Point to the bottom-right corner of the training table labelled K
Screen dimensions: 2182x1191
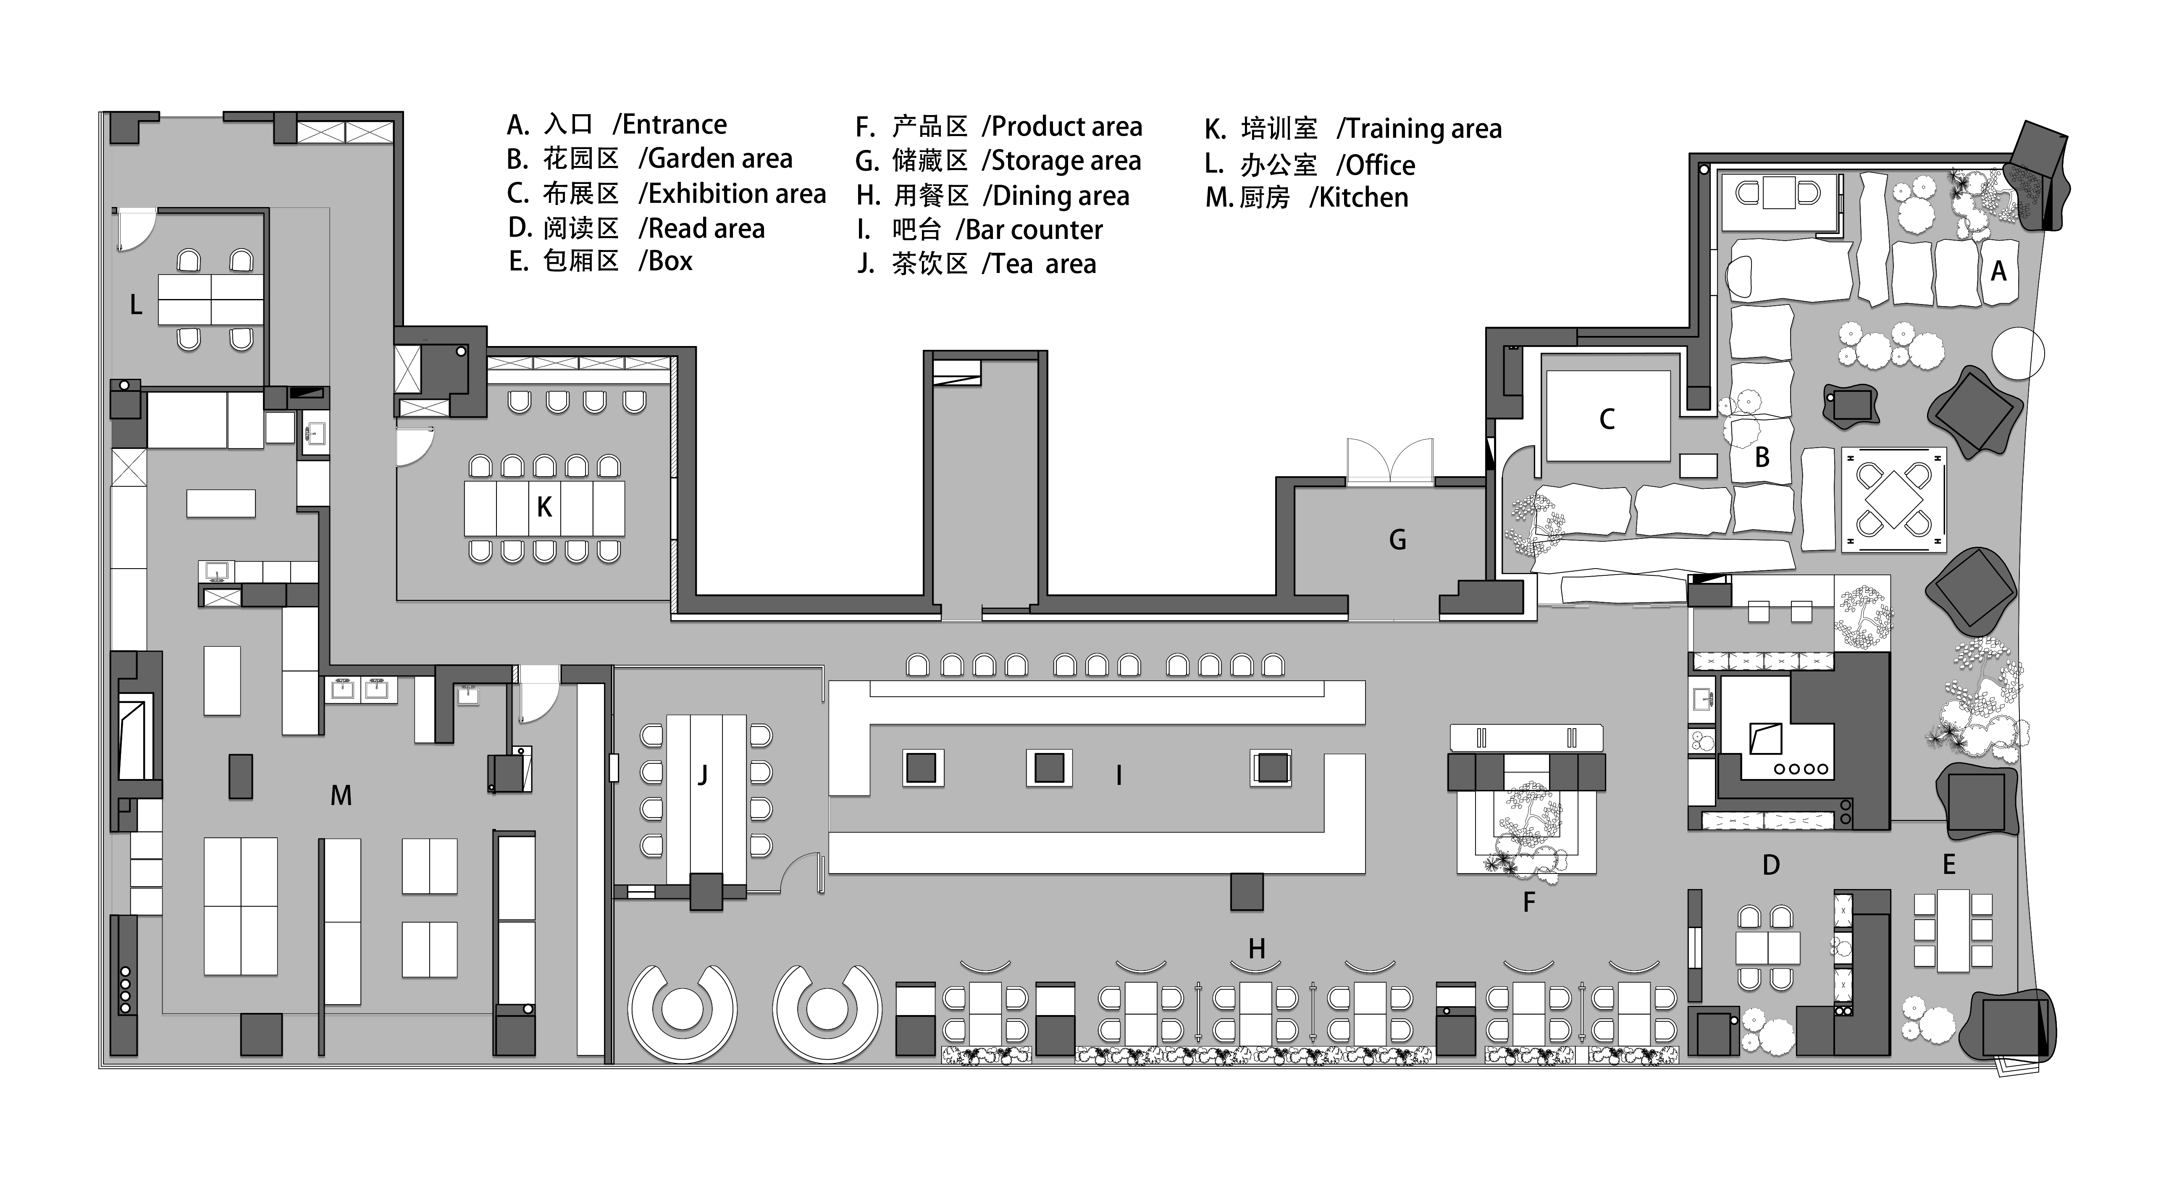click(624, 535)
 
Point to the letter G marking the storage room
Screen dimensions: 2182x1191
click(1398, 540)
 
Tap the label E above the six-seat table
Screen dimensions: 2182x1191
click(1949, 865)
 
